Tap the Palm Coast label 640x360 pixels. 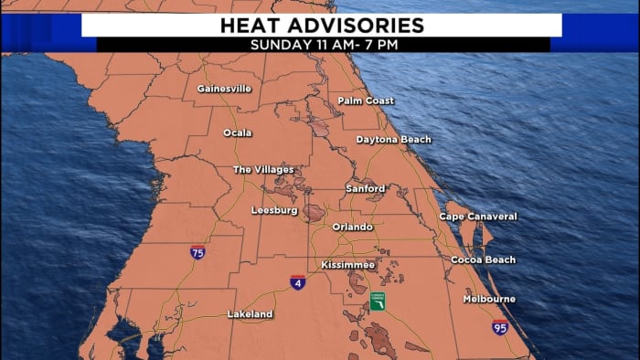coord(366,101)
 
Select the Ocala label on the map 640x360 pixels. coord(238,132)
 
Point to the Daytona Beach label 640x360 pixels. coord(393,140)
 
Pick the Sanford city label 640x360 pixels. coord(365,188)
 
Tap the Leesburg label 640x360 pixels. coord(274,210)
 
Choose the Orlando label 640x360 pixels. coord(352,227)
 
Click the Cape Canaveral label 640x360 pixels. coord(478,217)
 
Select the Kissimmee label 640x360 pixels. coord(348,265)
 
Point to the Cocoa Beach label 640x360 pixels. coord(483,260)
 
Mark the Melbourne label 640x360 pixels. coord(489,299)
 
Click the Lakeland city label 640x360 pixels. coord(250,314)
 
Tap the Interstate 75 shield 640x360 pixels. coord(197,252)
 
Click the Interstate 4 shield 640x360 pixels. coord(298,282)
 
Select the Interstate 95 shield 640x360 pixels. coord(499,327)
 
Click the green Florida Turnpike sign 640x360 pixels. coord(377,301)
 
